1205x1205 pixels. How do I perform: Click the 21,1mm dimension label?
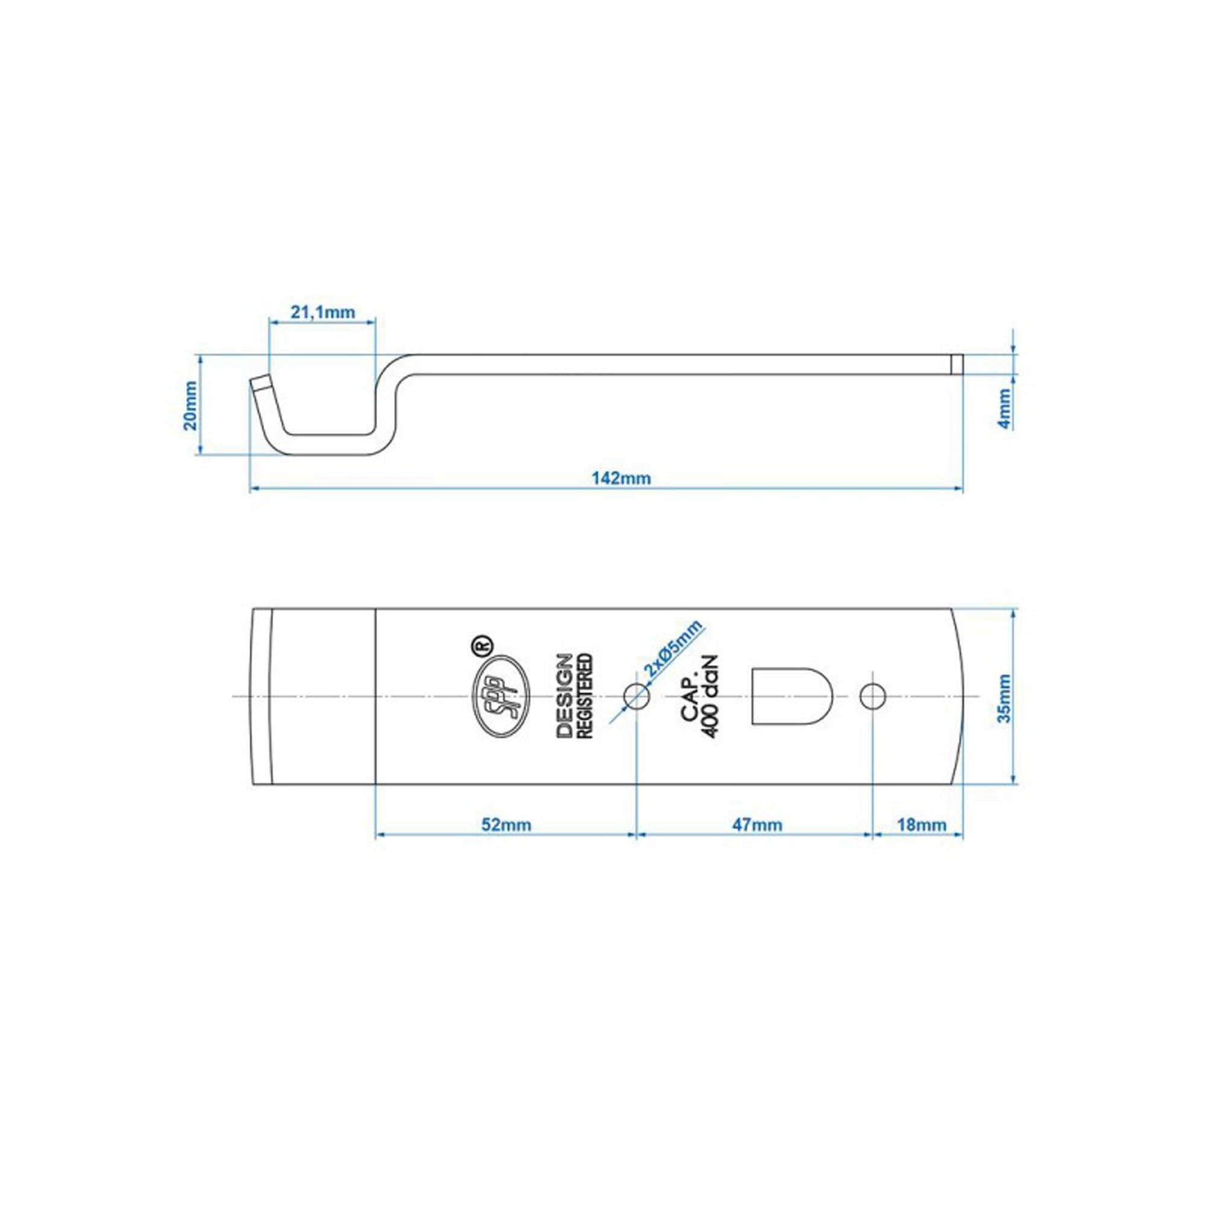[322, 312]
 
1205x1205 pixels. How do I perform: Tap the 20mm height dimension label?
[190, 405]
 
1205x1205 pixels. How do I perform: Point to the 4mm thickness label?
[1004, 408]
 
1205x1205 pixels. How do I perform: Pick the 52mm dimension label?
[507, 825]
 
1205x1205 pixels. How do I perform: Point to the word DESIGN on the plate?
[565, 696]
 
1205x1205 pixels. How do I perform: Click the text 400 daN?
[712, 696]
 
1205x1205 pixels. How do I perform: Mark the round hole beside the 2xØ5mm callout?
[637, 695]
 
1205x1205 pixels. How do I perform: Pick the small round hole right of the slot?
[872, 696]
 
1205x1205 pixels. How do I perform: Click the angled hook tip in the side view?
[261, 383]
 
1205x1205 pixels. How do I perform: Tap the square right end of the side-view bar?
[957, 365]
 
